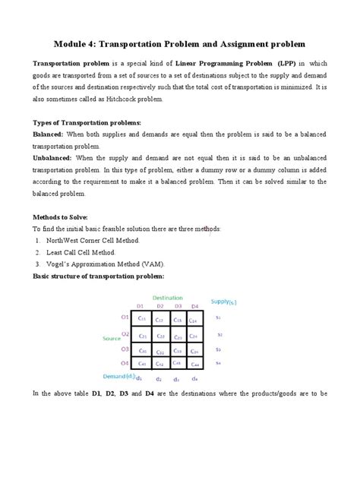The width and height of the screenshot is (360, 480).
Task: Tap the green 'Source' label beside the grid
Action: pos(112,338)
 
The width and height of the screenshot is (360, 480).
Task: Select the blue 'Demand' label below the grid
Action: pos(118,375)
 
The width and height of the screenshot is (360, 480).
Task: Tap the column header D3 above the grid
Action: pos(177,307)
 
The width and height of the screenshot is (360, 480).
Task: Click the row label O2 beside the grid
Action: pos(125,333)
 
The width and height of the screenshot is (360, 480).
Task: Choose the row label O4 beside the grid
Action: pos(125,363)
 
